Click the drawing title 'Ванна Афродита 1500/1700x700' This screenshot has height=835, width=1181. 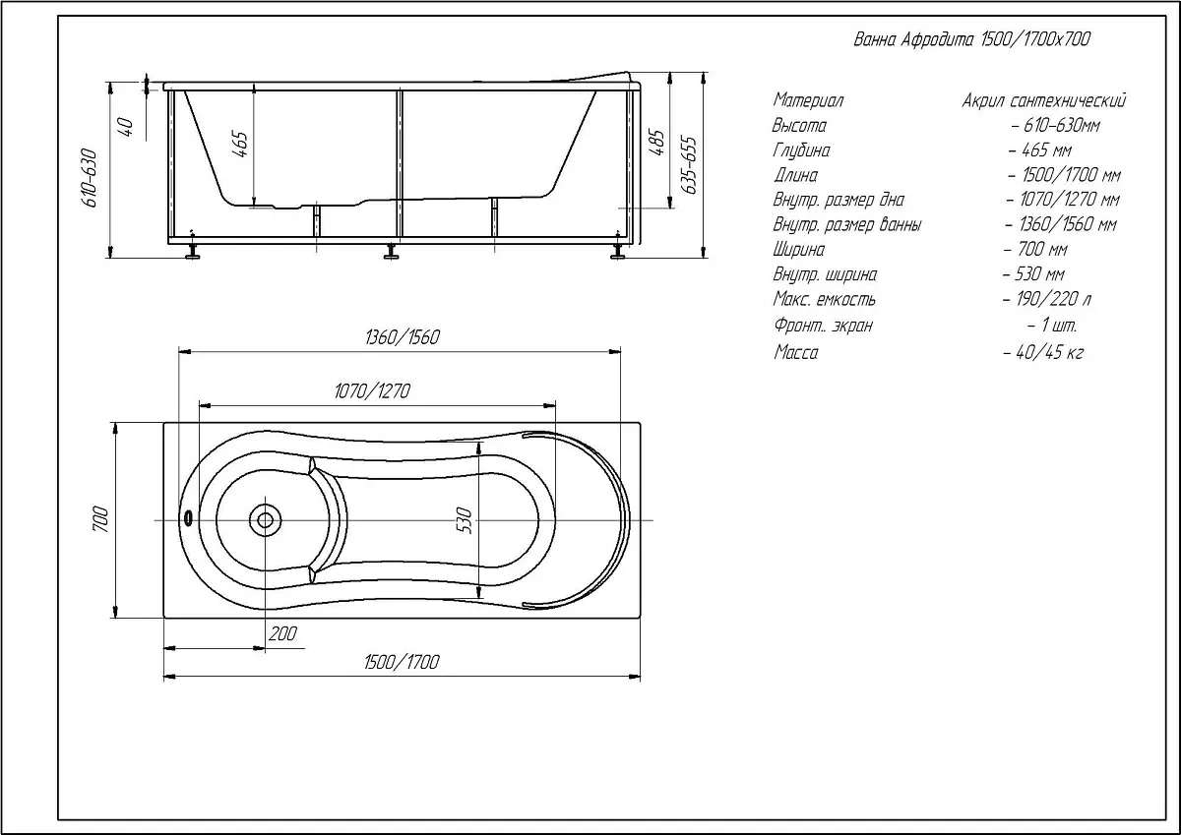[x=971, y=39]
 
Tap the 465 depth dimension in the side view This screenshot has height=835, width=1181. [x=240, y=144]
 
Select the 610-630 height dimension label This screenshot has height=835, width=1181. [x=91, y=178]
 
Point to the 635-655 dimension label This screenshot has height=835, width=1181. [x=689, y=165]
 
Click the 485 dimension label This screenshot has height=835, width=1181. [x=657, y=143]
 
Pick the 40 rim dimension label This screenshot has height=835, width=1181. [x=127, y=127]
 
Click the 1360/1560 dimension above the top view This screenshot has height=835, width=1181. [x=403, y=337]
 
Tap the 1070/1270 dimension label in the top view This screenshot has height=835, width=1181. [x=372, y=390]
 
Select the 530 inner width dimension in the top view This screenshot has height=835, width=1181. [x=464, y=520]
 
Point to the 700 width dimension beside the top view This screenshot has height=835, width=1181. [x=100, y=519]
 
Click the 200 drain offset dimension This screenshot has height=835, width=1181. [x=282, y=633]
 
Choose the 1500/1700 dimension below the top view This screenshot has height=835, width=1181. [x=402, y=662]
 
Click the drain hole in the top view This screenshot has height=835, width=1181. [x=265, y=520]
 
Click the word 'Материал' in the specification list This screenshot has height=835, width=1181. [x=808, y=100]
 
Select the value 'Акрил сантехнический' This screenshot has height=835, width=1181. [x=1044, y=100]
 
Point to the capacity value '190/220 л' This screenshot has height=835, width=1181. [x=1047, y=299]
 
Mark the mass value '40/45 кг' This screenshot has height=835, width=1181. [x=1043, y=352]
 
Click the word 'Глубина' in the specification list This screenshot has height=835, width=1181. [x=801, y=150]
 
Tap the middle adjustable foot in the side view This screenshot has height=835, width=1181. [x=392, y=252]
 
